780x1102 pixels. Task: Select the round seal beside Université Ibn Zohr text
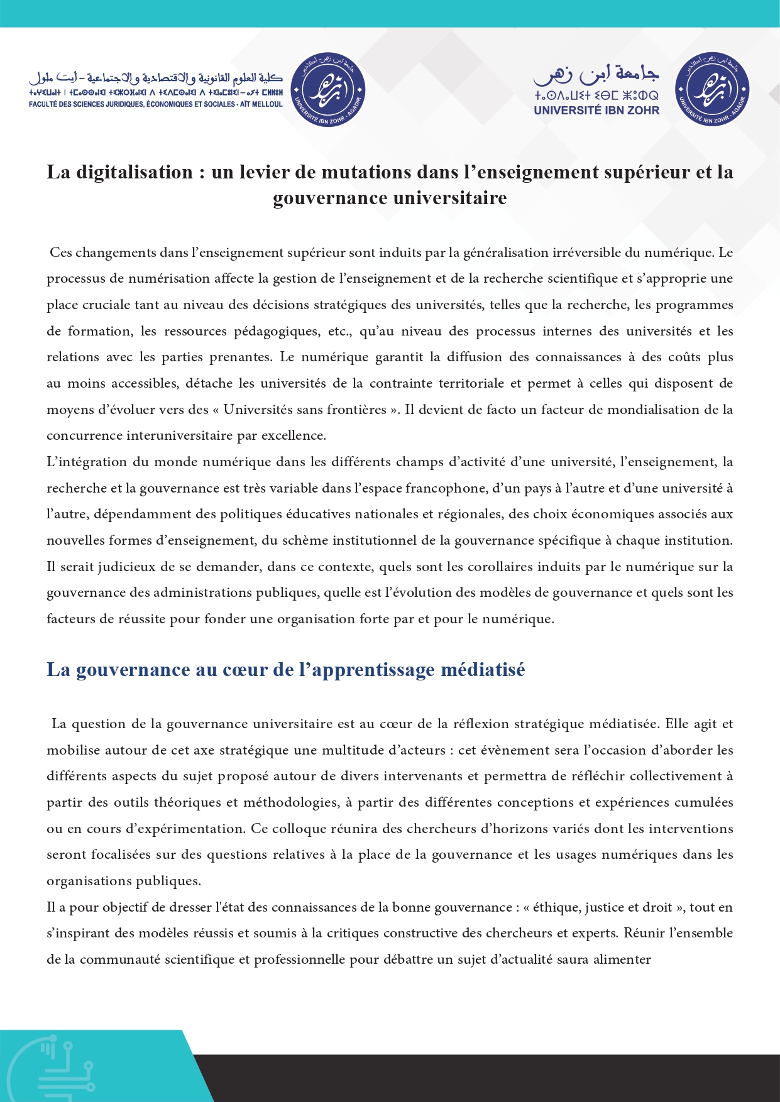[x=712, y=89]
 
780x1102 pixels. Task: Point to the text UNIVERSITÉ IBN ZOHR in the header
[x=596, y=111]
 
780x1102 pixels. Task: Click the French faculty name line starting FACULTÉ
[x=156, y=105]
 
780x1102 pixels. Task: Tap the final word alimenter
[x=620, y=959]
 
